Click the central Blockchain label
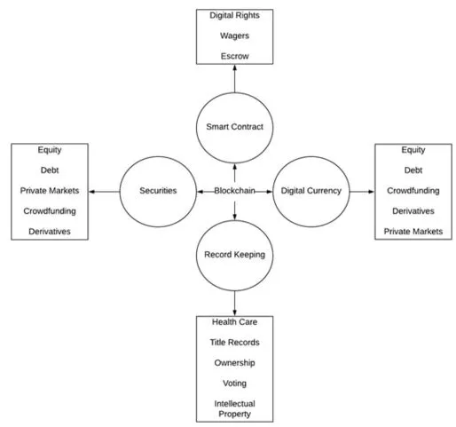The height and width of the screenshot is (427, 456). [234, 190]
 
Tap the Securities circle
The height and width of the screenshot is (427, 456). [159, 190]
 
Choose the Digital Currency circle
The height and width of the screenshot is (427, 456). [311, 190]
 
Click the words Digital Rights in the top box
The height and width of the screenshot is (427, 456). [234, 15]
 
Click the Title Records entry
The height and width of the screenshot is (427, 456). [234, 343]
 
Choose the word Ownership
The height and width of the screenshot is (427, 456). [234, 362]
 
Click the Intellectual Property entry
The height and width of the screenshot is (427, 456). [234, 407]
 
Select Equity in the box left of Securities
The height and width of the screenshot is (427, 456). [50, 150]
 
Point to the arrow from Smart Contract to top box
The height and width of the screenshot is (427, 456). [234, 79]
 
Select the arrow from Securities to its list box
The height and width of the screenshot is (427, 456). [106, 190]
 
